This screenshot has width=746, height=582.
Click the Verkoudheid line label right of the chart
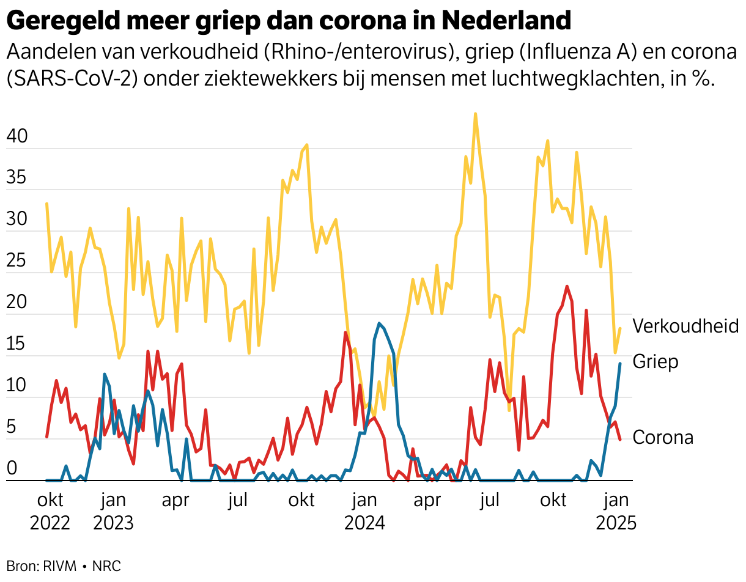tap(685, 326)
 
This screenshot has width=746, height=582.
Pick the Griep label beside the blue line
tap(656, 361)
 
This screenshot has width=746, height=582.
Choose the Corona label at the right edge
tap(663, 438)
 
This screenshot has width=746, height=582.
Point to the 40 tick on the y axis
tap(17, 137)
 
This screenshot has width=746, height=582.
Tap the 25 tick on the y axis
tap(17, 262)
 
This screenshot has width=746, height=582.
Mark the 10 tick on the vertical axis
tap(17, 386)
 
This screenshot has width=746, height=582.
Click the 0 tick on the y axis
tap(12, 469)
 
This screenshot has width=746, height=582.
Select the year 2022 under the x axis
tap(50, 524)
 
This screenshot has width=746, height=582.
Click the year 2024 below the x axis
tap(364, 524)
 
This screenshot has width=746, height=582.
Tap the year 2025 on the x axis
tap(616, 524)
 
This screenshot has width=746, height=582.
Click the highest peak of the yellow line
tap(475, 114)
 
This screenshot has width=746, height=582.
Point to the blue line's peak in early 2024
tap(379, 323)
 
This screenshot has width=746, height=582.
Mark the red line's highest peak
tap(567, 286)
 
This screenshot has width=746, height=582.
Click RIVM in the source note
tap(60, 566)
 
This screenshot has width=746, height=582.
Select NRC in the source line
tap(106, 566)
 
